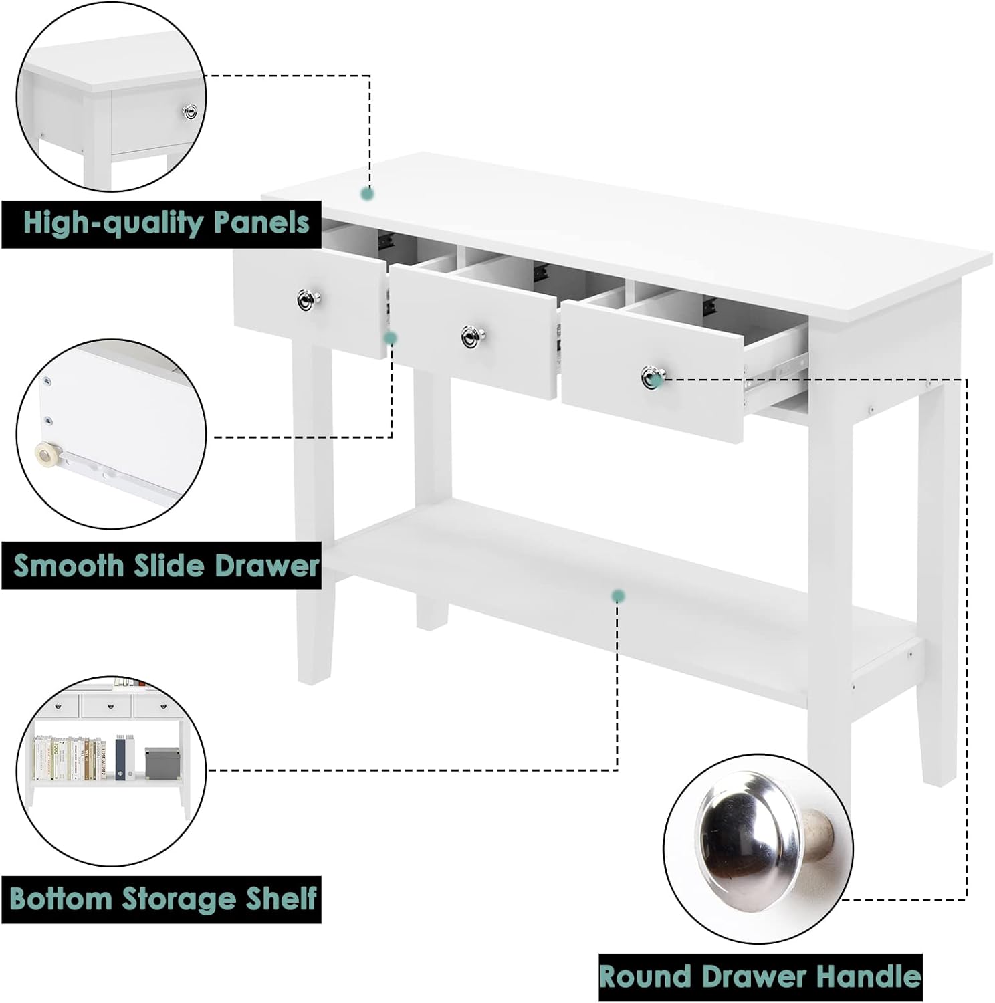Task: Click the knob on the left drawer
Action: click(x=308, y=300)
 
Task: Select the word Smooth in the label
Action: click(x=68, y=566)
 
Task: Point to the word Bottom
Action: click(x=62, y=899)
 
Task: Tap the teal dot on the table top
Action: click(x=367, y=194)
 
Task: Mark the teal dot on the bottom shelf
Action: click(x=618, y=596)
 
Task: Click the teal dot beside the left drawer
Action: click(x=391, y=338)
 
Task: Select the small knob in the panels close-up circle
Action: click(x=190, y=112)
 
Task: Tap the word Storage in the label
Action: click(x=179, y=900)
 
